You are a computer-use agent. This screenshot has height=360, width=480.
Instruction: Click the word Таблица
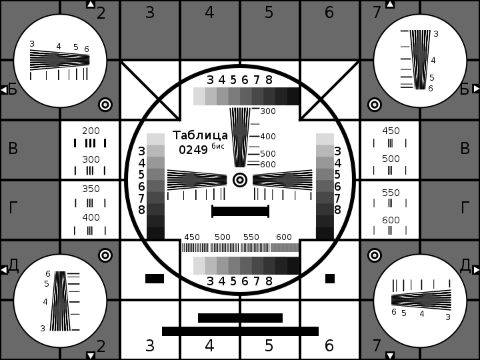pos(200,135)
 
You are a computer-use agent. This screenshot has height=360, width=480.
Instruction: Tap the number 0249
pos(193,150)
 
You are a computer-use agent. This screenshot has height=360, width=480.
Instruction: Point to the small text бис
pos(218,146)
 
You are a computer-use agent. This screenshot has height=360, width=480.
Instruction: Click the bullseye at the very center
pos(240,179)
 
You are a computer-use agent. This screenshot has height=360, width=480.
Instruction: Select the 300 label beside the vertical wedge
pos(268,111)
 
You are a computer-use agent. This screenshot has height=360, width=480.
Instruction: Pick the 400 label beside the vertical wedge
pos(268,137)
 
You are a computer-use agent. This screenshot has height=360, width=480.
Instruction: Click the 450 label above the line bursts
pos(192,237)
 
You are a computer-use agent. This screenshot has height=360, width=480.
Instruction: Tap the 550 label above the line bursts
pos(251,237)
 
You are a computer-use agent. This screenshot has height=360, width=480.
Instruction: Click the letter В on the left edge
pos(13,149)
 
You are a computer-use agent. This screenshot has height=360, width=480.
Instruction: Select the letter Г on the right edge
pos(465,208)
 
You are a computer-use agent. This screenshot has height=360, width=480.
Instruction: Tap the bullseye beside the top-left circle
pos(105,105)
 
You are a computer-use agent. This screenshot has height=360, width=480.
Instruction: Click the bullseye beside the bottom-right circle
pos(375,255)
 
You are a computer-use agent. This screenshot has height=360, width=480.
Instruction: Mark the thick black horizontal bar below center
pos(240,211)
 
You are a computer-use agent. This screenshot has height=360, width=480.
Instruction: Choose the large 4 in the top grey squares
pos(209,13)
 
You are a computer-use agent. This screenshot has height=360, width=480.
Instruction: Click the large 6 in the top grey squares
pos(329,13)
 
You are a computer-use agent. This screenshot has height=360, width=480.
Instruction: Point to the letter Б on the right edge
pos(465,89)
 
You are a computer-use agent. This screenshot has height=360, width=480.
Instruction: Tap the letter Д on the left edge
pos(13,265)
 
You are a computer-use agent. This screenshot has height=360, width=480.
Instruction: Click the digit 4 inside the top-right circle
pos(433,61)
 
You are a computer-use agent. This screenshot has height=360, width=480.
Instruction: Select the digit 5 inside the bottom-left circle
pos(47,284)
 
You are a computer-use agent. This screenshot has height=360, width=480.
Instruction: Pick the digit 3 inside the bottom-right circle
pos(448,317)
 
